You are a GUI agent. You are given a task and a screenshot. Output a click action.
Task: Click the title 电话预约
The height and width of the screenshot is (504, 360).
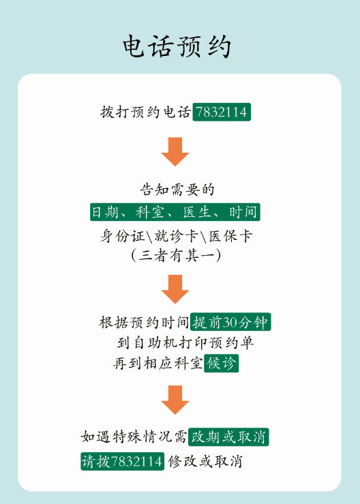[x=177, y=46]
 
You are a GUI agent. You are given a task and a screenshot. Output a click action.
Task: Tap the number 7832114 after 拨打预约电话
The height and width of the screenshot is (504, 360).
[x=222, y=112]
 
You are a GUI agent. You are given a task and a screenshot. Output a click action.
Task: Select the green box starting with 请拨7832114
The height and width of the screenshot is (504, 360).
[x=122, y=461]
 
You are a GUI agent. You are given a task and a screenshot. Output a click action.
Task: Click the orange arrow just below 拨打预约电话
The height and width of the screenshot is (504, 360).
[x=175, y=151]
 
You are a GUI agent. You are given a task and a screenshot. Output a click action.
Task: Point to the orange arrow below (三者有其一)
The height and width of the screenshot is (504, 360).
[x=175, y=289]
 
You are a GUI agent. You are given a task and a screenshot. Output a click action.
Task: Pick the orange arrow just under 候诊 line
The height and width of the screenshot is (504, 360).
[x=175, y=400]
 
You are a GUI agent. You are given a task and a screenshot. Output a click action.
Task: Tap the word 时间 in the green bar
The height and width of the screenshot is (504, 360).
[x=243, y=212]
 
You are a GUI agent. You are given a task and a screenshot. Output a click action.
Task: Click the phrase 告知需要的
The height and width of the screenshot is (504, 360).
[x=177, y=190]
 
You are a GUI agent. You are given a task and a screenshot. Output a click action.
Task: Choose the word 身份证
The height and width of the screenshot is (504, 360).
[x=123, y=236]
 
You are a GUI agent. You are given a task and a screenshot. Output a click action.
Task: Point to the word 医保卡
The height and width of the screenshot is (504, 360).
[x=230, y=236]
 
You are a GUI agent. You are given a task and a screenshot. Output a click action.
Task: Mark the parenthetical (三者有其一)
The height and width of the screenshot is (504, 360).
[x=176, y=256]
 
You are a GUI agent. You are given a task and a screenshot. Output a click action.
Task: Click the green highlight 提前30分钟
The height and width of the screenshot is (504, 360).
[x=230, y=322]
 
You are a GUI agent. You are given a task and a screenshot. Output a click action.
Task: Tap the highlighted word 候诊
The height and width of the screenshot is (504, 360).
[x=221, y=364]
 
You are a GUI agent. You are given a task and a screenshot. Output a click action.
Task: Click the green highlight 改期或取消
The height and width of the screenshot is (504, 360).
[x=228, y=436]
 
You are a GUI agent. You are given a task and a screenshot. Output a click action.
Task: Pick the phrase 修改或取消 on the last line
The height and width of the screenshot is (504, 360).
[x=205, y=462]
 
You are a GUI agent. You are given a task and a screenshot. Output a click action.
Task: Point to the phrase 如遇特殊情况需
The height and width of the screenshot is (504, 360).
[x=134, y=436]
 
